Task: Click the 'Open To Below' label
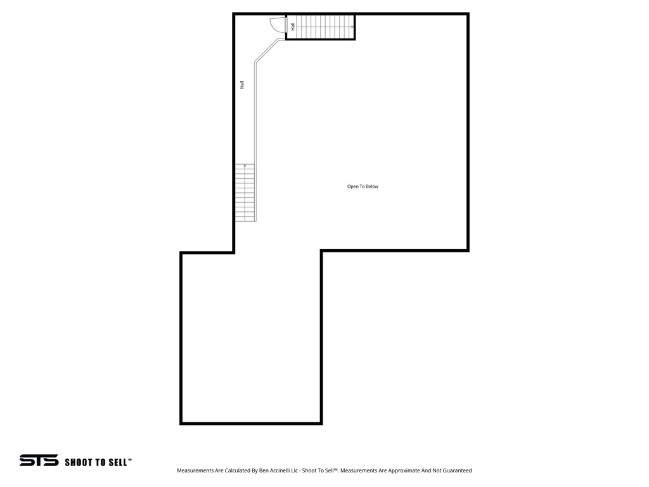(x=363, y=186)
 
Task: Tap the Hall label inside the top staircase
(x=293, y=27)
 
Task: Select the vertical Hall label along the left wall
(x=242, y=84)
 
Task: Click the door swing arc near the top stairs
(x=277, y=25)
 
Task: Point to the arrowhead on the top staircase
(x=352, y=27)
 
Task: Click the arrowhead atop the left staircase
(x=245, y=166)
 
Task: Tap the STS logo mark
(x=39, y=460)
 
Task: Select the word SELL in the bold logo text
(x=118, y=462)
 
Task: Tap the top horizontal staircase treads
(x=323, y=27)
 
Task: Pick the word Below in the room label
(x=371, y=186)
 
